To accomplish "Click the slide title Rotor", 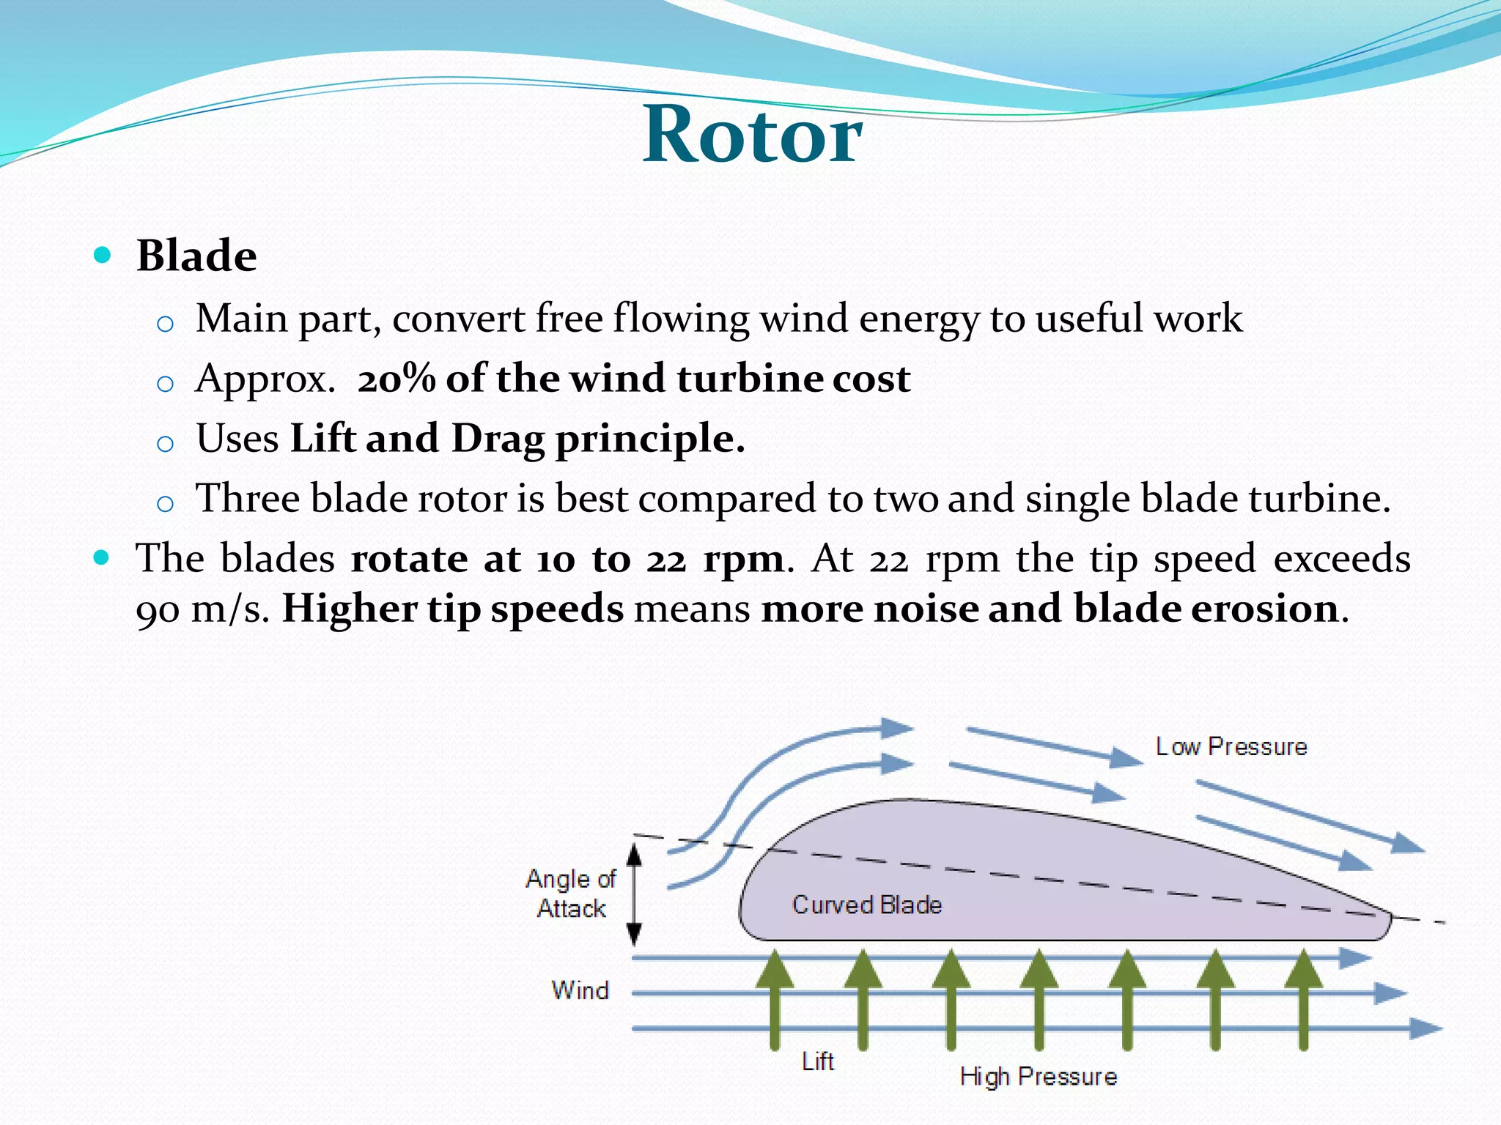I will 752,135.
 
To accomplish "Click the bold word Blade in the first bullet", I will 196,256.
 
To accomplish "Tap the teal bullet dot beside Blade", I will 103,255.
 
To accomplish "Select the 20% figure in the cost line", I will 397,379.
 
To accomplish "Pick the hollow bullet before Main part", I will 166,323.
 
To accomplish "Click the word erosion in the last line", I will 1264,609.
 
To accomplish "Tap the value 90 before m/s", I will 157,610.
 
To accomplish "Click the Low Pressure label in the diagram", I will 1231,746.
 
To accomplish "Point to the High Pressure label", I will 1039,1076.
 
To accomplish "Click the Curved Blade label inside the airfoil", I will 866,905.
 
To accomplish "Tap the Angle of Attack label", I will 571,894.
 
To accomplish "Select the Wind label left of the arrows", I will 580,990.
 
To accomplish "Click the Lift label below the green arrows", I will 817,1061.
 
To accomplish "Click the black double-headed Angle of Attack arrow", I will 635,894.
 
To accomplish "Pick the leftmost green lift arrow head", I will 775,968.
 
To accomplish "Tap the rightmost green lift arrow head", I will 1303,968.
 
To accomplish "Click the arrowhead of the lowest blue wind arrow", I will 1425,1028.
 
